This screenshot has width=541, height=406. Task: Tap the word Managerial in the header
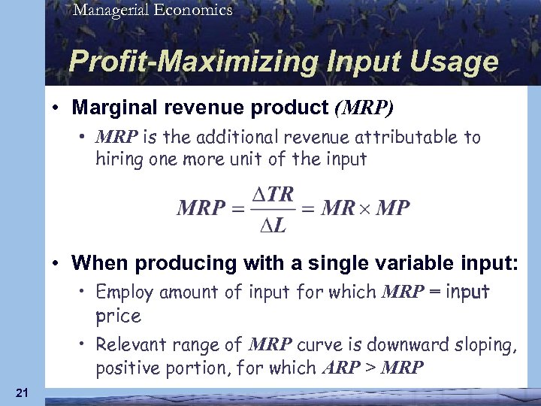[x=110, y=10]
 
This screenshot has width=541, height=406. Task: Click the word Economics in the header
[x=192, y=10]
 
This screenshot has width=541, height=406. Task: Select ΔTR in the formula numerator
[x=271, y=194]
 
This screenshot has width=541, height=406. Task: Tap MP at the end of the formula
[x=392, y=208]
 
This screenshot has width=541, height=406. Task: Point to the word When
[x=98, y=263]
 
